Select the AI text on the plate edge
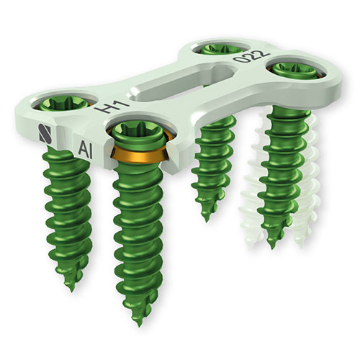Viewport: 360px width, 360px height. (x=86, y=150)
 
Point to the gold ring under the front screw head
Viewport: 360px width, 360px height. (x=139, y=156)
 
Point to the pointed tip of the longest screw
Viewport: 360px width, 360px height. (x=139, y=325)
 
